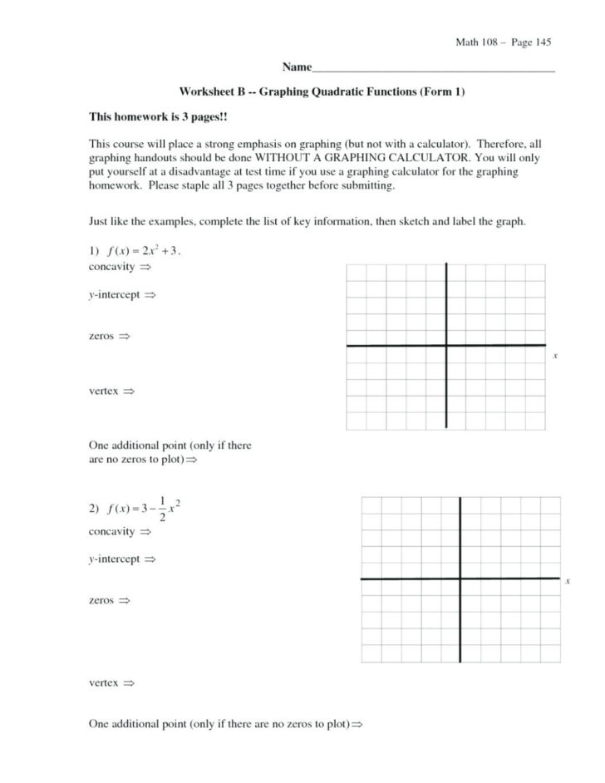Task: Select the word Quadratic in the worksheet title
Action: tap(322, 91)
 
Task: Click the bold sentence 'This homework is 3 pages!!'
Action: tap(152, 118)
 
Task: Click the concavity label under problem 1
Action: tap(113, 268)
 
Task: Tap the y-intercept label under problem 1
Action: tap(116, 295)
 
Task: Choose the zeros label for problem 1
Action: tap(103, 337)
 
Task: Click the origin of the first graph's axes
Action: tap(447, 345)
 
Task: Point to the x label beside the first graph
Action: tap(554, 357)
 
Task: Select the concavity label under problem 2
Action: tap(113, 531)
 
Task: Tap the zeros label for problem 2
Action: tap(103, 599)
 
